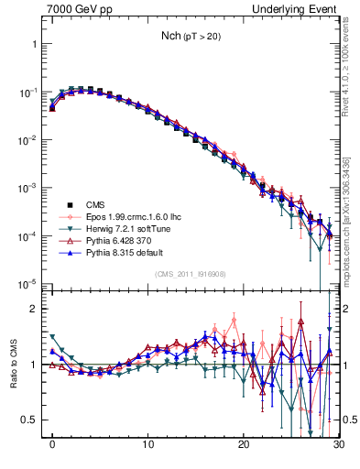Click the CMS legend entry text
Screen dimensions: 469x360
tap(94, 204)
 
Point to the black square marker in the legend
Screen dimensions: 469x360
tap(69, 204)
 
